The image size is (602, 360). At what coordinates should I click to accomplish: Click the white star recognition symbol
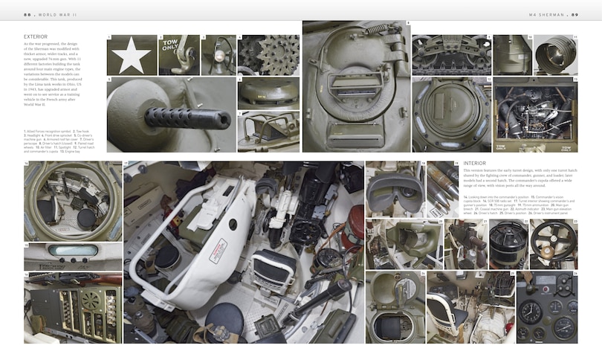tap(131, 54)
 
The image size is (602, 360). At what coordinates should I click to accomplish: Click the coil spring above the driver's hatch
tap(379, 30)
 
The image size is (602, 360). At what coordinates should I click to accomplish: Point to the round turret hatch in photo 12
tap(450, 115)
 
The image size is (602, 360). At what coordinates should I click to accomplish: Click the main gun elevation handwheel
tap(552, 242)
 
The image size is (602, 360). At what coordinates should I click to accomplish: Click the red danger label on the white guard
tap(218, 250)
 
